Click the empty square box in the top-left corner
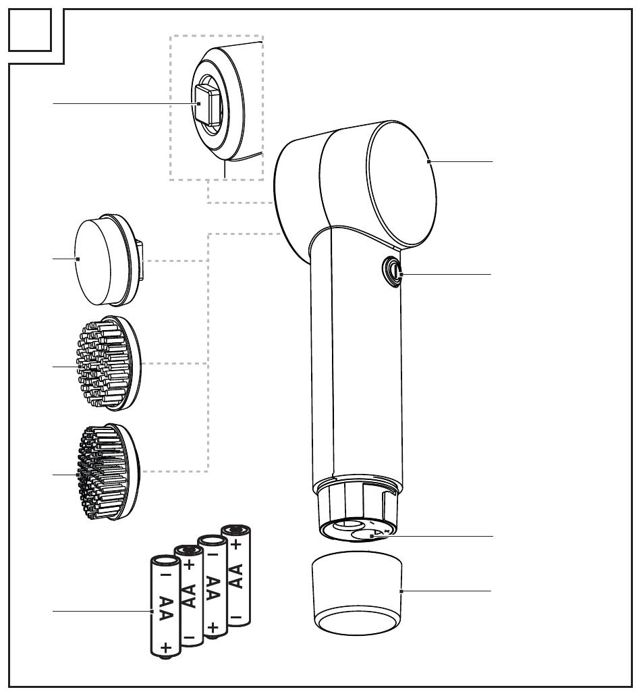30,30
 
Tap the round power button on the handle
392,271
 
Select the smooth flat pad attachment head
108,260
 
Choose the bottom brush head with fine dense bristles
109,472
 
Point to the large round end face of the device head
402,184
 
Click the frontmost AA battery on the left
166,606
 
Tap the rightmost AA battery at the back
236,576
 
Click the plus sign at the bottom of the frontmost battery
166,647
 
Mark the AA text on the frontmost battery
165,609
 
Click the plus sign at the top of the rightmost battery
236,543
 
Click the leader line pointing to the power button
445,274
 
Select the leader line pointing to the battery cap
446,591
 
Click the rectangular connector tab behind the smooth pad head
140,261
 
